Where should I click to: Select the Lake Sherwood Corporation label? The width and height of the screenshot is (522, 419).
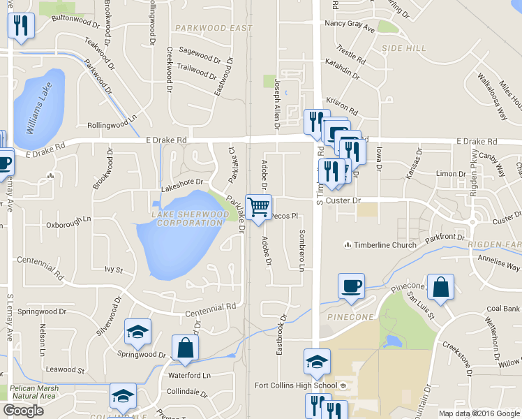[189, 217]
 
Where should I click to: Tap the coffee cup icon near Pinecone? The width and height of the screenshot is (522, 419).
[351, 286]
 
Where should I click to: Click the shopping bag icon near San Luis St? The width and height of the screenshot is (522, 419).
[440, 287]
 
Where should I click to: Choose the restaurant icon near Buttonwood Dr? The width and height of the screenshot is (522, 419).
[20, 27]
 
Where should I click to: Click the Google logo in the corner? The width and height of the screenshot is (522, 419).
[23, 411]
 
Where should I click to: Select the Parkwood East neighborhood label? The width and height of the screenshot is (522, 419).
[214, 28]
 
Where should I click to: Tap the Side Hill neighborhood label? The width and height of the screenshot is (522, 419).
[403, 47]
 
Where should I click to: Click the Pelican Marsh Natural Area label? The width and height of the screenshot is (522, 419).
[28, 392]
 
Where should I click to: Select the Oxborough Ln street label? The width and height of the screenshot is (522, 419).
[68, 226]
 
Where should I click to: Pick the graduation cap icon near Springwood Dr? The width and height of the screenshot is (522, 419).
[137, 332]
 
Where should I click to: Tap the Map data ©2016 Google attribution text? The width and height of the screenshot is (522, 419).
[478, 413]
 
